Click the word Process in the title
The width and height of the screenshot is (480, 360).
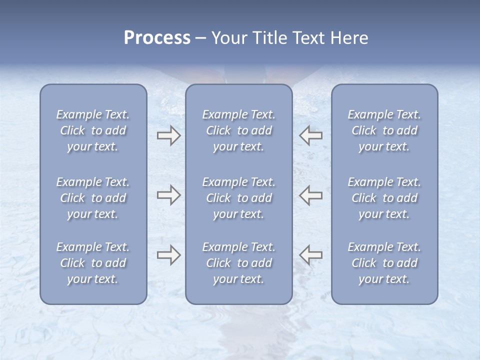click(x=157, y=38)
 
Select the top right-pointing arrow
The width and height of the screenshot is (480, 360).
click(x=168, y=135)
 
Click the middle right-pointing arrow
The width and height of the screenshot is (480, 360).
click(x=168, y=195)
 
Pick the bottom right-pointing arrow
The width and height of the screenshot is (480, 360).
click(x=168, y=255)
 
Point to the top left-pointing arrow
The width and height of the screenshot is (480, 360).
click(x=311, y=135)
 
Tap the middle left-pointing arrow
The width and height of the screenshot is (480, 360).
click(x=311, y=195)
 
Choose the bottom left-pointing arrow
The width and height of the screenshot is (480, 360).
click(x=311, y=255)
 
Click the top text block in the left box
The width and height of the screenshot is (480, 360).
click(x=93, y=130)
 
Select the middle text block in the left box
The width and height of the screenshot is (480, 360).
click(x=93, y=198)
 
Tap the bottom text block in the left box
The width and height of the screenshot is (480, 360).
click(x=93, y=263)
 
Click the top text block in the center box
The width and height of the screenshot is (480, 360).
click(x=239, y=130)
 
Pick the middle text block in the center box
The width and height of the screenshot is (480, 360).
click(x=239, y=198)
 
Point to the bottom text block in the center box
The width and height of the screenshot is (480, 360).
click(x=239, y=263)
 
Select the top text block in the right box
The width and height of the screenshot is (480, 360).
click(x=384, y=130)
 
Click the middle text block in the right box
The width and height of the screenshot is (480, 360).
click(x=384, y=198)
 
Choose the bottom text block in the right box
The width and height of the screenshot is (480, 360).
click(x=384, y=263)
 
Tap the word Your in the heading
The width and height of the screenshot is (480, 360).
click(x=228, y=38)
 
